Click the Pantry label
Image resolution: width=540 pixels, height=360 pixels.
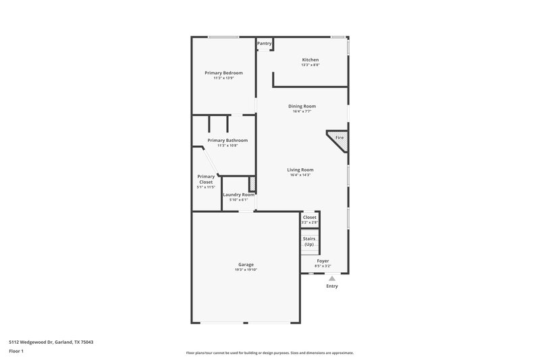click(x=265, y=44)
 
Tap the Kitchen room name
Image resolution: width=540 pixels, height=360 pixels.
click(x=310, y=60)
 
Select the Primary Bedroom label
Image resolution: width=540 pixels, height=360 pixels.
click(x=223, y=73)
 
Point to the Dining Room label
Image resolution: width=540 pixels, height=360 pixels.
click(x=302, y=106)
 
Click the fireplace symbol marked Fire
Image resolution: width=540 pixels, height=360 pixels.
click(x=339, y=138)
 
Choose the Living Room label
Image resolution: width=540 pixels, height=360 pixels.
click(x=301, y=170)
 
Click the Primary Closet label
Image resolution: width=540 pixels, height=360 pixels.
click(x=206, y=179)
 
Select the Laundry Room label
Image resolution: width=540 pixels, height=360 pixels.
click(x=239, y=195)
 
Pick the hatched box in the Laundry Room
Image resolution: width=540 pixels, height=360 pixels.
click(x=252, y=184)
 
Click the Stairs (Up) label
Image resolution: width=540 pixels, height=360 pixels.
click(x=309, y=241)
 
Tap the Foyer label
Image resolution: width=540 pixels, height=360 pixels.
click(x=323, y=261)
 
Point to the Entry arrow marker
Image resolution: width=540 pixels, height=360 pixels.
click(x=331, y=277)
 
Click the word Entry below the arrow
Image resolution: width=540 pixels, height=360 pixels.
click(x=331, y=286)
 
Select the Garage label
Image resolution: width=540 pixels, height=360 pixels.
click(x=246, y=264)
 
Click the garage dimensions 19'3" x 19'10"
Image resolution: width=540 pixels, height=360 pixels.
click(x=246, y=269)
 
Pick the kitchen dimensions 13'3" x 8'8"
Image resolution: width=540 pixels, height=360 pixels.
click(x=310, y=66)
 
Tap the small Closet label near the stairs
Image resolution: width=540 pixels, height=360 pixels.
click(x=310, y=217)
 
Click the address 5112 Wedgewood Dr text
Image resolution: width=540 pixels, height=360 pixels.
click(x=51, y=342)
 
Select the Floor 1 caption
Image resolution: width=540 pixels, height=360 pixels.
click(x=17, y=352)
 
